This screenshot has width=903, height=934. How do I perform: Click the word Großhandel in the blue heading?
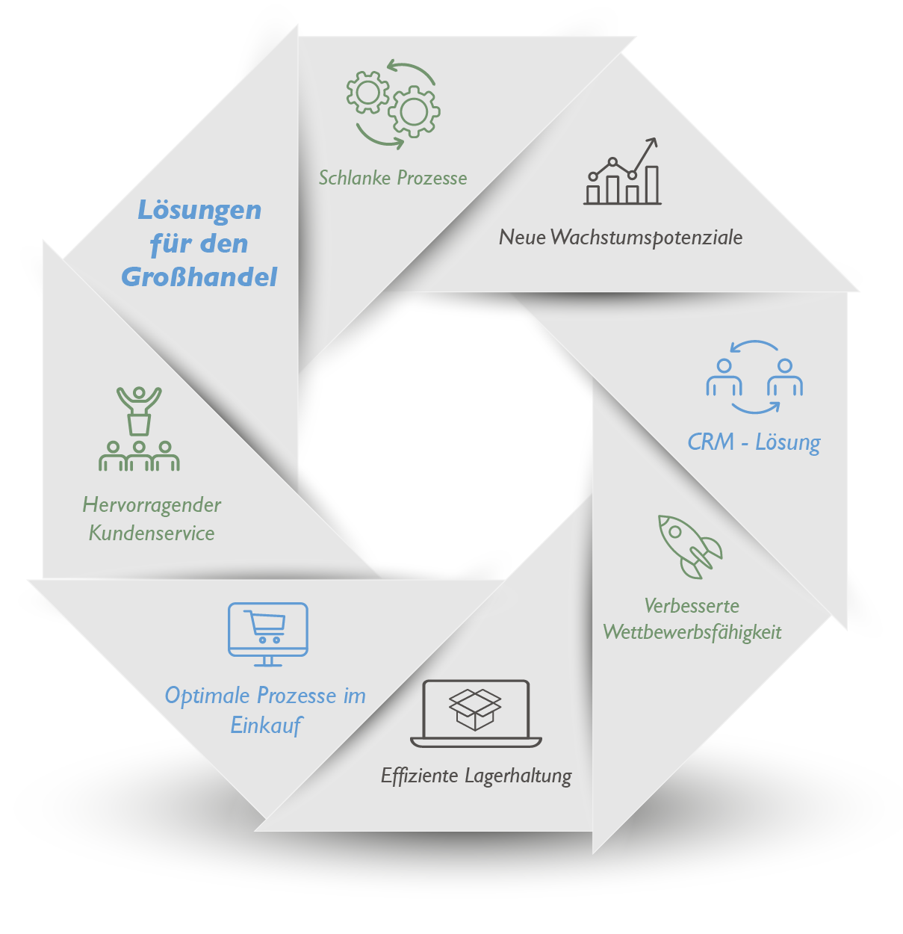[x=199, y=276]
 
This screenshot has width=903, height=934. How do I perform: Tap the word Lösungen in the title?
[x=199, y=210]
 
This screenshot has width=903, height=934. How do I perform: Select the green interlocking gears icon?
[x=393, y=104]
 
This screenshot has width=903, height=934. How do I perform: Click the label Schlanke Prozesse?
[x=393, y=178]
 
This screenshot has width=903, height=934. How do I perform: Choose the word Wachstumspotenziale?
[x=646, y=238]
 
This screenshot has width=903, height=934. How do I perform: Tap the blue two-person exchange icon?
[x=754, y=377]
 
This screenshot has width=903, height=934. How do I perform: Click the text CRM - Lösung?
[x=754, y=442]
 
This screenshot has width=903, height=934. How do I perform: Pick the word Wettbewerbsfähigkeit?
[x=692, y=632]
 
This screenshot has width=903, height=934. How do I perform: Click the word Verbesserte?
[x=692, y=605]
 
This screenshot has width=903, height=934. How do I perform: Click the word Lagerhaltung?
[x=518, y=776]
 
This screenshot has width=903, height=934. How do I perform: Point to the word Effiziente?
[x=419, y=776]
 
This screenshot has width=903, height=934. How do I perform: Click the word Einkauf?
[x=266, y=725]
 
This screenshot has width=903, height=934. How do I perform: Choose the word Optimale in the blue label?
[x=208, y=696]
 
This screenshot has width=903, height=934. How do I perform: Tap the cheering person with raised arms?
[x=139, y=407]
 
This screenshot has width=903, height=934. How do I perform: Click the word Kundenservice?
[x=152, y=533]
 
